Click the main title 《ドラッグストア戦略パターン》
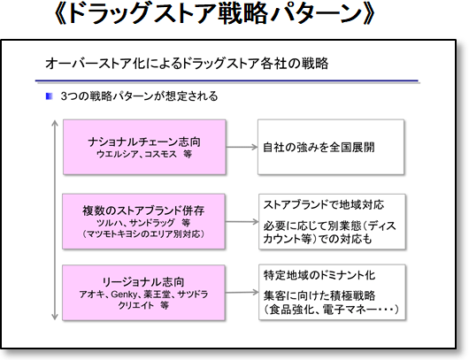point(214,14)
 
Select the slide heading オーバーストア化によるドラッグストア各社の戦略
point(187,64)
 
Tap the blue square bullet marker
point(49,96)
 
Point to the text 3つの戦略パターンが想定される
point(140,96)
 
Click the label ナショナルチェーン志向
point(144,142)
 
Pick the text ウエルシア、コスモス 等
point(144,154)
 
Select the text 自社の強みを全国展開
point(319,147)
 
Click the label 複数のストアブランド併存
point(143,211)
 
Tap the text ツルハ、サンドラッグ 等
point(143,223)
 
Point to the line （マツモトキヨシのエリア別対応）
point(143,234)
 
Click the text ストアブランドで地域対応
point(324,205)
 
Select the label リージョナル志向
point(143,281)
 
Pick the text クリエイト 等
point(143,305)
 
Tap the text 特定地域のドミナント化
point(319,275)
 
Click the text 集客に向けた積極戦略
point(319,295)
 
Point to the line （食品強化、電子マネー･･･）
point(331,310)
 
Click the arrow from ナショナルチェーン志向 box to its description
point(242,147)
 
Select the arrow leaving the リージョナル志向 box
point(242,293)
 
